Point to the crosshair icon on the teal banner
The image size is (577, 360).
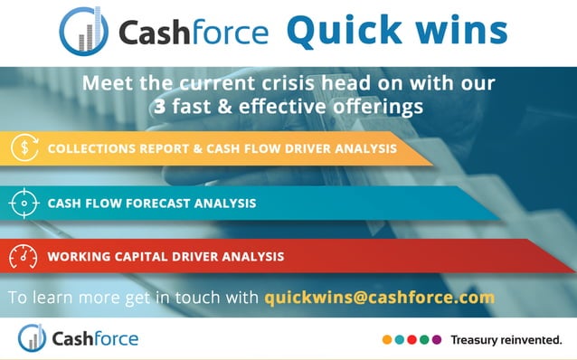21,204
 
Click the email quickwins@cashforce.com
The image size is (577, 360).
379,297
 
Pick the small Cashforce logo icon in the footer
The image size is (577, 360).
33,338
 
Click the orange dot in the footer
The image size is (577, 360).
387,340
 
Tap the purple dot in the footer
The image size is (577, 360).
437,340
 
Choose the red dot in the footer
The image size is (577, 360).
412,340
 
